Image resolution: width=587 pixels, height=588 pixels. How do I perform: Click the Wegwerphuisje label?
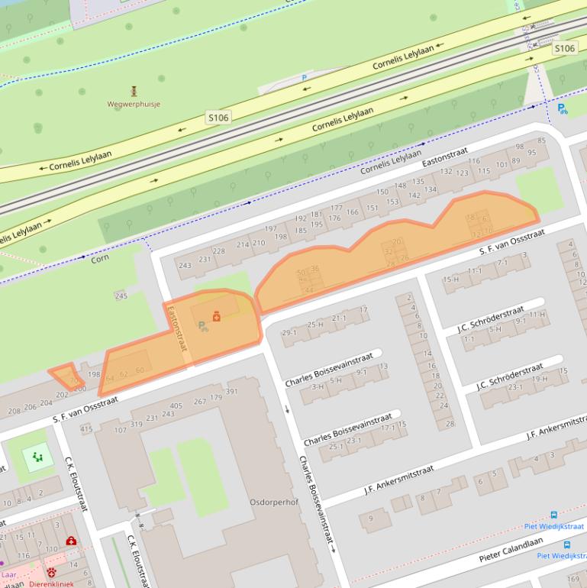pos(134,104)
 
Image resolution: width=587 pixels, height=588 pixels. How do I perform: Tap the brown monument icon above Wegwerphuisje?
pos(134,91)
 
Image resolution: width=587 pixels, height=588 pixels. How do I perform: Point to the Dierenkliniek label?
pos(52,584)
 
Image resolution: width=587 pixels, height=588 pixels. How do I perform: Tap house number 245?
pos(121,296)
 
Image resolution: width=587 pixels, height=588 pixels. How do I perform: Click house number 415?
pos(85,430)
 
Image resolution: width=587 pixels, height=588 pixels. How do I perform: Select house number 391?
pos(232,392)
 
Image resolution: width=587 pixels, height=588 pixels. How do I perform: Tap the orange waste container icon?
pos(217,315)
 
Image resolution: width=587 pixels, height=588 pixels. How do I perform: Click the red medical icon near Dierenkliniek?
pos(71,541)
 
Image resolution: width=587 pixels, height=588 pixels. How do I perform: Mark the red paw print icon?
pos(51,571)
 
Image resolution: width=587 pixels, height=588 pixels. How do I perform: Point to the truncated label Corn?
pos(100,260)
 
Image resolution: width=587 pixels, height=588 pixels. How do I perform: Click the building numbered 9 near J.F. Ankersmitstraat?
pos(373,519)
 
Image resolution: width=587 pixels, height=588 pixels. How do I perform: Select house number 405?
pos(176,406)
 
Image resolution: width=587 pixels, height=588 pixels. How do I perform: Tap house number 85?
pos(542,141)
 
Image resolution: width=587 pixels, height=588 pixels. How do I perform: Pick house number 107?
pos(120,430)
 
